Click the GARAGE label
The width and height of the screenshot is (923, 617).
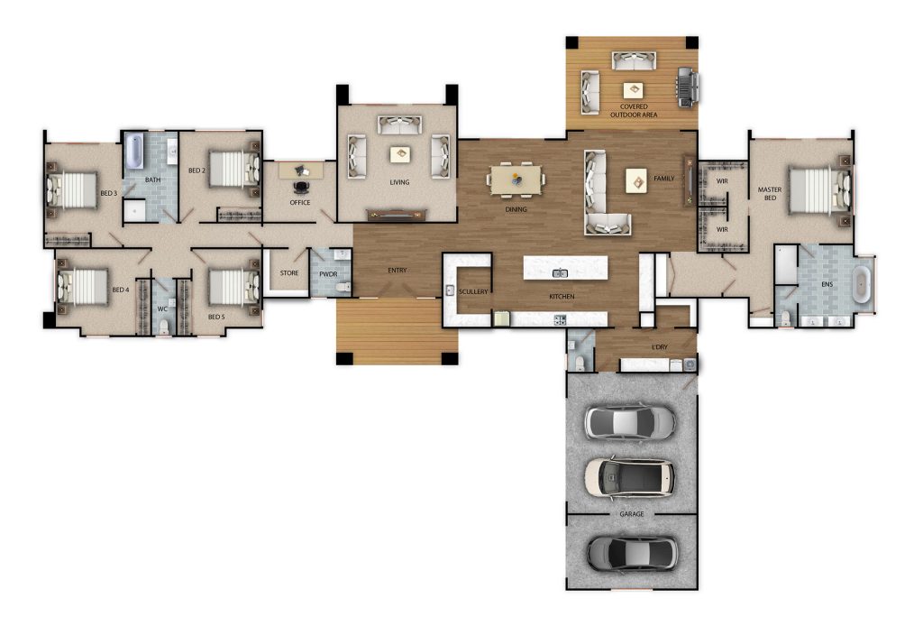tap(632, 514)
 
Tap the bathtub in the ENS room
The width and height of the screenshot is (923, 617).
tap(861, 285)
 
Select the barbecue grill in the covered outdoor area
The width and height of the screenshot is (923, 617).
tap(688, 87)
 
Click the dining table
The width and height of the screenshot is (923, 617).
tap(516, 180)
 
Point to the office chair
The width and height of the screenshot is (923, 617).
tap(301, 188)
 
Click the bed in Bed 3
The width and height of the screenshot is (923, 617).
tap(71, 190)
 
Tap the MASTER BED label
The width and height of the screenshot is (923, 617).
tap(770, 194)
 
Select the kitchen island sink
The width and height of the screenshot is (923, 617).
tap(560, 272)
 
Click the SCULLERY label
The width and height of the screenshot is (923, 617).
tap(473, 291)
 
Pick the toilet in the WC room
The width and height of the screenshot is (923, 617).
tap(164, 327)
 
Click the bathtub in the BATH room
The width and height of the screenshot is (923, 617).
tap(134, 151)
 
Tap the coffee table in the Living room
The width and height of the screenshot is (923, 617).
tap(400, 154)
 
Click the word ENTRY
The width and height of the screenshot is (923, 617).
tap(398, 270)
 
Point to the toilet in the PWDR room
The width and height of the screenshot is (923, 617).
tap(343, 287)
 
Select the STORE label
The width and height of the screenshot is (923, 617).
tap(289, 272)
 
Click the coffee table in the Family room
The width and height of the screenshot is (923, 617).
tap(636, 181)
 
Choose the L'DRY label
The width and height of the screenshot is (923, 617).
tap(659, 347)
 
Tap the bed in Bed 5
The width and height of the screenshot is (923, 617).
tap(234, 287)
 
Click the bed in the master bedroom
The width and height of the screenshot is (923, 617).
tap(820, 190)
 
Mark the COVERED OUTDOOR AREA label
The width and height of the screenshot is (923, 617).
tap(634, 111)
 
